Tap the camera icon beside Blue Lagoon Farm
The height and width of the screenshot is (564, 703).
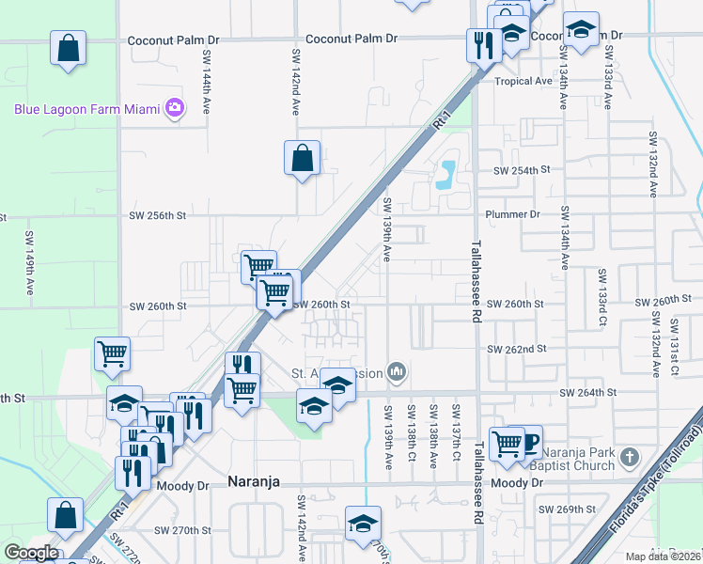174,108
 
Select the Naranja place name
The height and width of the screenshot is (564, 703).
256,481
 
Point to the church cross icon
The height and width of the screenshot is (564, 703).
630,458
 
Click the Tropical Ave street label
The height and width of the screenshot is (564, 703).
523,81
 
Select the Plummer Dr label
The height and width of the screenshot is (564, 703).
512,214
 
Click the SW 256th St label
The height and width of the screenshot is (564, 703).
159,215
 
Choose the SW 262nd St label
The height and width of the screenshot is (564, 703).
516,349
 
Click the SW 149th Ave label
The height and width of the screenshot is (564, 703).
29,255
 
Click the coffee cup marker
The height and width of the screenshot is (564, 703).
529,441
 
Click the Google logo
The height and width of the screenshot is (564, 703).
31,553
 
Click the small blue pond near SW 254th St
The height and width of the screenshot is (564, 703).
445,172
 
